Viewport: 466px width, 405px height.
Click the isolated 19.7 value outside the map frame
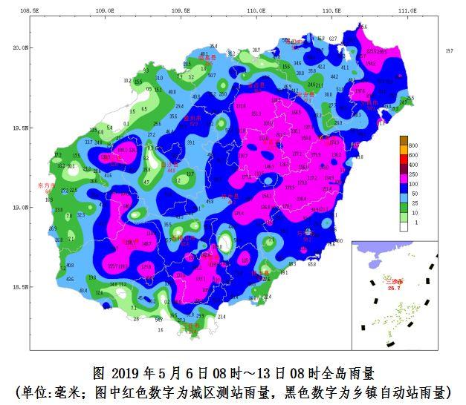click(x=448, y=51)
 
